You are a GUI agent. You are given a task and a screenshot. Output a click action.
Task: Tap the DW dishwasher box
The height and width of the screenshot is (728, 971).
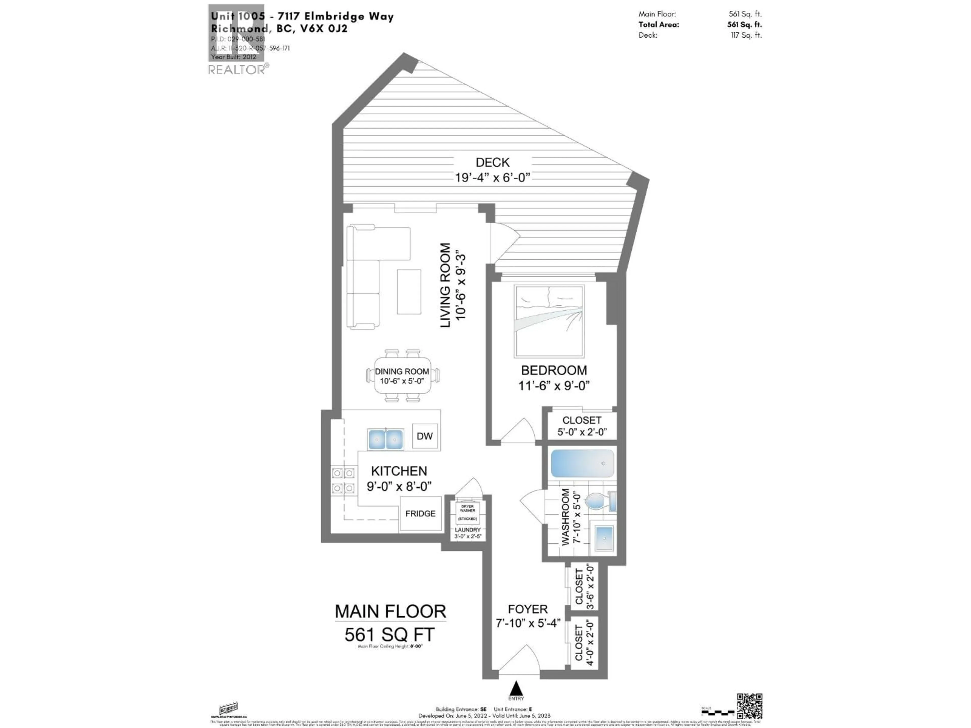pyautogui.click(x=425, y=436)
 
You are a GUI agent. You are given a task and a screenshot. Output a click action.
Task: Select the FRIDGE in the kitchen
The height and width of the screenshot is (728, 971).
pyautogui.click(x=420, y=513)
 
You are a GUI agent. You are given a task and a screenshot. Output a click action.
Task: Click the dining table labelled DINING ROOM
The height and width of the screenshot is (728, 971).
pyautogui.click(x=402, y=376)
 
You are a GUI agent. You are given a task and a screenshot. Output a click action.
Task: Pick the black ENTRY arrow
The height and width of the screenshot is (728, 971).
pyautogui.click(x=516, y=688)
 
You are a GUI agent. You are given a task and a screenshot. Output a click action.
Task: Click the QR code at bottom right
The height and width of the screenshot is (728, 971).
pyautogui.click(x=749, y=706)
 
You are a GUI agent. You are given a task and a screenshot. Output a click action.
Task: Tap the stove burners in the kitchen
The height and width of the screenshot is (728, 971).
pyautogui.click(x=343, y=481)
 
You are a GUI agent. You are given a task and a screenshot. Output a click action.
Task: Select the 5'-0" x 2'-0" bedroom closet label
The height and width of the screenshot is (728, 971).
pyautogui.click(x=582, y=432)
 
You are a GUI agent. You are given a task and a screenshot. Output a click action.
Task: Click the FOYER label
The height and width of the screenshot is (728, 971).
pyautogui.click(x=528, y=609)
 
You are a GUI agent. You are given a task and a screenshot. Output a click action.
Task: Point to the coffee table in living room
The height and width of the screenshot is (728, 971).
pyautogui.click(x=409, y=292)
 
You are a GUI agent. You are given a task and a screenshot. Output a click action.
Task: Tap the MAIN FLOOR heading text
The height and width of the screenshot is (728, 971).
pyautogui.click(x=390, y=611)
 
